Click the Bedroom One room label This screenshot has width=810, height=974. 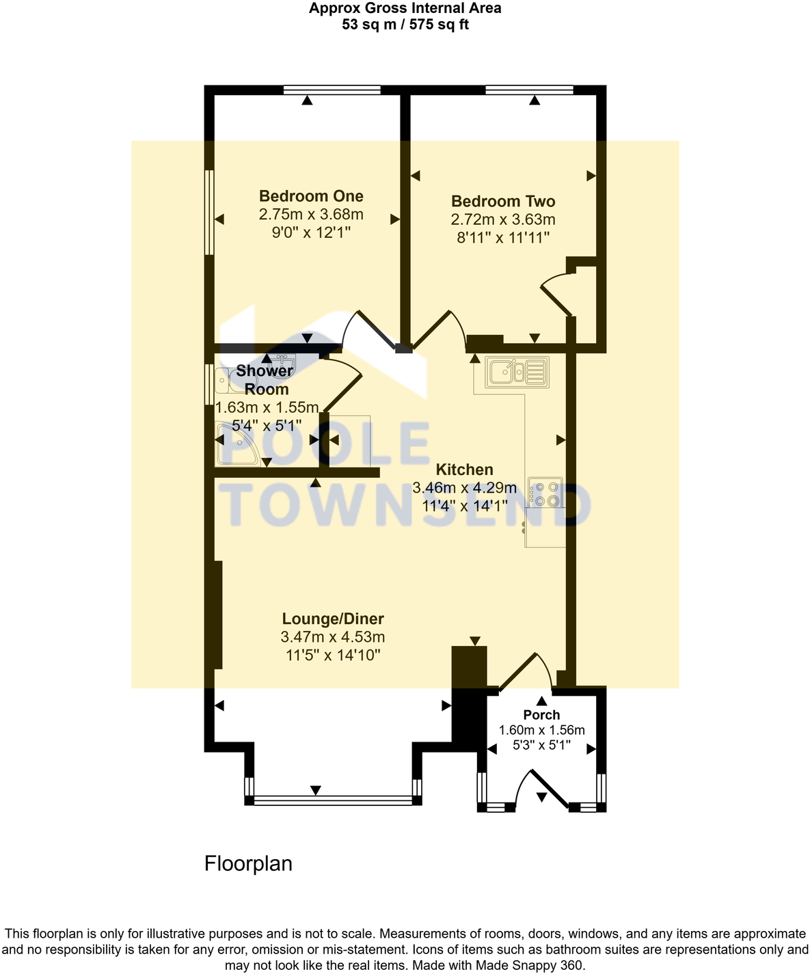(311, 196)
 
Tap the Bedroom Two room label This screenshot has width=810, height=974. (503, 201)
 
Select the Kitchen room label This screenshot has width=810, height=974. (464, 470)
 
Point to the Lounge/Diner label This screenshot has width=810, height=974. (333, 619)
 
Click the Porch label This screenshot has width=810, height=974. (541, 715)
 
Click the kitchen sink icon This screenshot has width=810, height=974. (517, 373)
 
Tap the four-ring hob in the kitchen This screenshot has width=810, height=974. (545, 493)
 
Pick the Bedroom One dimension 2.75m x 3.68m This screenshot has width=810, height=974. (311, 215)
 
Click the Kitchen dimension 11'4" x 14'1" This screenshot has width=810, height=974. (464, 506)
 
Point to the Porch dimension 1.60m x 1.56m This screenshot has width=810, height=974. (541, 730)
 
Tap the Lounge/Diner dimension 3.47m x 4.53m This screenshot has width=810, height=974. (333, 637)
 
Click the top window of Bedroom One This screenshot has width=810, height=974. (332, 89)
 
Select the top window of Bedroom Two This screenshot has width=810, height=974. (530, 89)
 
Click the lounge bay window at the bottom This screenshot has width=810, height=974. (333, 798)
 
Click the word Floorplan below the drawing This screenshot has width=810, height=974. (248, 864)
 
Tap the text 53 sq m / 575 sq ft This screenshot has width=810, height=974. (405, 25)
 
